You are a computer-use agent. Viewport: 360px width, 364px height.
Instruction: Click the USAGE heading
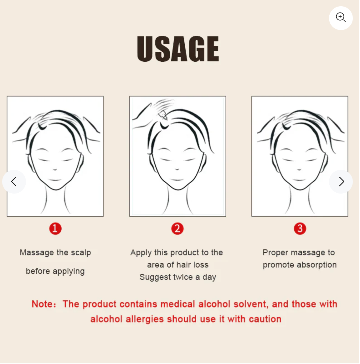click(178, 49)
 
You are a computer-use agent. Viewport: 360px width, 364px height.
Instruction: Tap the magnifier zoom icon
click(341, 18)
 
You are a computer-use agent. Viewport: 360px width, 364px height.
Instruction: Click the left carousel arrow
click(14, 182)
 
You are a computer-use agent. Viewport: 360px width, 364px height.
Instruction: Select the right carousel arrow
click(341, 182)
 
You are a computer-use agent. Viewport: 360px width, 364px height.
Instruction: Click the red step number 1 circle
click(55, 229)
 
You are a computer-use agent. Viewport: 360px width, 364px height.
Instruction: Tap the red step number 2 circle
click(178, 229)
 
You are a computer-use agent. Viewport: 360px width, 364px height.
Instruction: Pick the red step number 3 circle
click(301, 229)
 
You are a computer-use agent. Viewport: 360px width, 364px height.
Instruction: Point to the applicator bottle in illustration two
click(163, 115)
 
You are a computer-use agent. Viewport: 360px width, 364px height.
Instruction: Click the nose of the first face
click(55, 169)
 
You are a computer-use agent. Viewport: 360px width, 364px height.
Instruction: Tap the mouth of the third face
click(300, 180)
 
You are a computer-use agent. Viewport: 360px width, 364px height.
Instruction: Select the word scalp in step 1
click(81, 253)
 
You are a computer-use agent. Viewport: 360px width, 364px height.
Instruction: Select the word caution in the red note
click(265, 320)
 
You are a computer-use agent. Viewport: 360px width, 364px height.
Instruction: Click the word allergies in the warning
click(145, 320)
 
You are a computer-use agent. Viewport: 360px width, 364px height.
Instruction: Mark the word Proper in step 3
click(276, 253)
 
